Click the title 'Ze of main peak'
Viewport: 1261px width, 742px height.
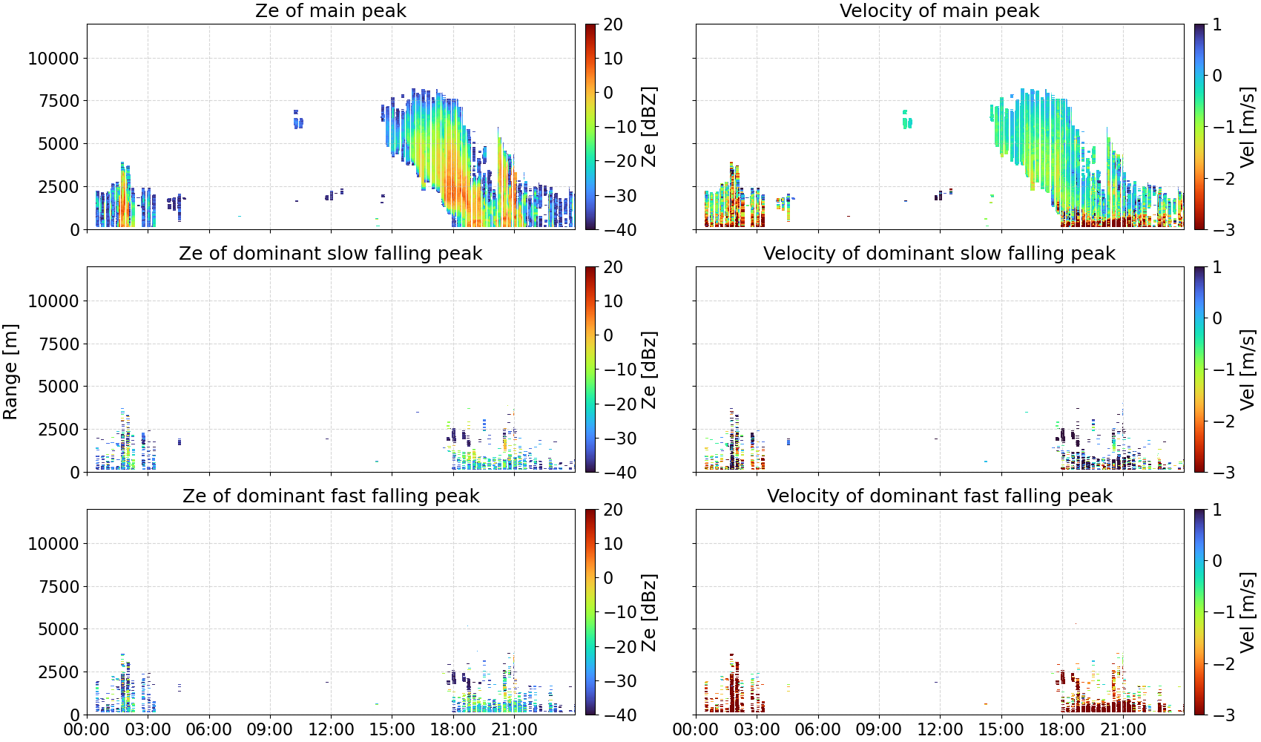[330, 11]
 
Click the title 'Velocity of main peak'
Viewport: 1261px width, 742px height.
[940, 11]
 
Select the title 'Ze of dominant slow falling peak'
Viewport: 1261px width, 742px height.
[330, 253]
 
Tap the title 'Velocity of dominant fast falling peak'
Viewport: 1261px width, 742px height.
[940, 496]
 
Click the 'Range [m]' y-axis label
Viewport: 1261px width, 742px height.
[10, 372]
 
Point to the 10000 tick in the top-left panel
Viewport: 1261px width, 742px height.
[53, 58]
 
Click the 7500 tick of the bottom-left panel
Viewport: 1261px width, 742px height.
[59, 587]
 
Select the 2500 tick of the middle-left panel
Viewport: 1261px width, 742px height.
[59, 430]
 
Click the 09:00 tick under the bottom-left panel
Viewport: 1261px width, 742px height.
[270, 729]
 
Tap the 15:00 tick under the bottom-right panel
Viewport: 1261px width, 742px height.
[1001, 729]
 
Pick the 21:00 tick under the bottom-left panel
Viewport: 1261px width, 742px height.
[514, 729]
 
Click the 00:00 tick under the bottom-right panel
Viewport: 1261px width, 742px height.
[696, 729]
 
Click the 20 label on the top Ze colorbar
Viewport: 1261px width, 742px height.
[613, 24]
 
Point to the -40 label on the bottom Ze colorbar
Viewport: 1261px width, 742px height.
[618, 715]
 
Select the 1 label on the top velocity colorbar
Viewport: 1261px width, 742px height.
[1217, 24]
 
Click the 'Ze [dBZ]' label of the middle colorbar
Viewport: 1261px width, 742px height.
[649, 370]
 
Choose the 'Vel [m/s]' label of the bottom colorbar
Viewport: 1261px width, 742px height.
[1248, 612]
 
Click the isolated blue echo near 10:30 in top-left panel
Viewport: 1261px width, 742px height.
[297, 120]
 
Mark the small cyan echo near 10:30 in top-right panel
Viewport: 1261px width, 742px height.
[907, 120]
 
